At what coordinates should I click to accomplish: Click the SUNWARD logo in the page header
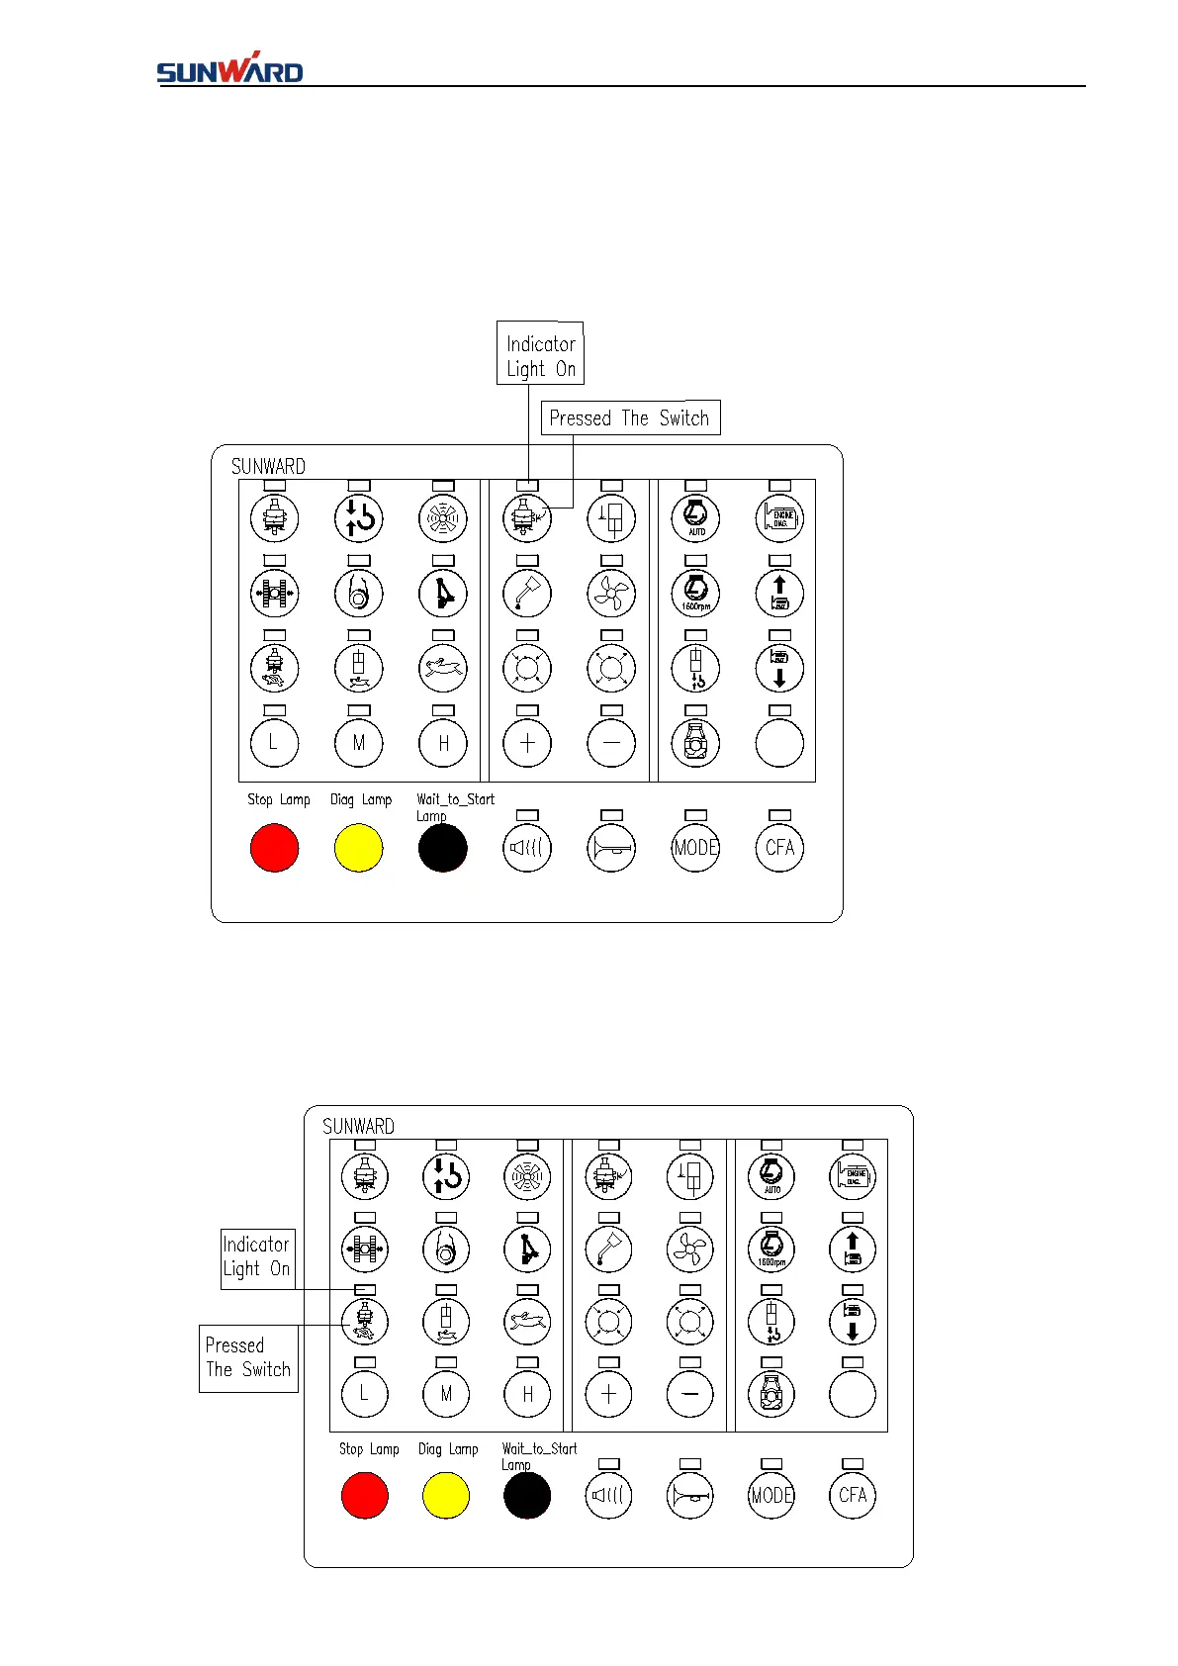coord(229,68)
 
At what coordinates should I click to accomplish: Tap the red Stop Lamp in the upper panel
coord(275,848)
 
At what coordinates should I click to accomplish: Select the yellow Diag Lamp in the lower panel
coord(446,1495)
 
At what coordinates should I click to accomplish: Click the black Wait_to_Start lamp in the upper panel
coord(442,848)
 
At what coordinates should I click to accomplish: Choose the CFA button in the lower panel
coord(853,1495)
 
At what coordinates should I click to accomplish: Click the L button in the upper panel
coord(275,743)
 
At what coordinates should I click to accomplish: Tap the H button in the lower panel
coord(527,1394)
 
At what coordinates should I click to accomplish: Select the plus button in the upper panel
coord(527,743)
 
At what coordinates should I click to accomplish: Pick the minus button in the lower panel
coord(690,1394)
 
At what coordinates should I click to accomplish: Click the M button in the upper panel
coord(359,743)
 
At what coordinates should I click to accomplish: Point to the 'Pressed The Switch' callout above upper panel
coord(630,417)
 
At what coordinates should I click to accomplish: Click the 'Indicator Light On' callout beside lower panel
coord(257,1257)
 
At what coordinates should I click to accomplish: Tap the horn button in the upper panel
coord(611,848)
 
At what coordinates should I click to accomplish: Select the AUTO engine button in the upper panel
coord(695,517)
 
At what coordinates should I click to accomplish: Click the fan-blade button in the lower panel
coord(690,1249)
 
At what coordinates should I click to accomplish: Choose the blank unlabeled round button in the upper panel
coord(779,743)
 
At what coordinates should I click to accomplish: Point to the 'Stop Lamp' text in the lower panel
coord(369,1448)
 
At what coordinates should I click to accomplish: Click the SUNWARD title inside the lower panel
coord(358,1126)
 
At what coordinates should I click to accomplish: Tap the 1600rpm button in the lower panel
coord(771,1249)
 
